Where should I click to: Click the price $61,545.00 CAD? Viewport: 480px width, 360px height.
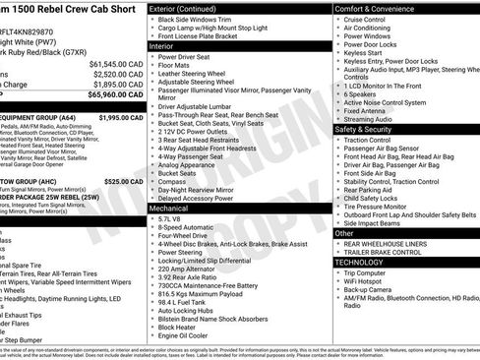(x=116, y=62)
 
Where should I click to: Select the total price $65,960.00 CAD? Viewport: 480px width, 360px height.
(x=116, y=95)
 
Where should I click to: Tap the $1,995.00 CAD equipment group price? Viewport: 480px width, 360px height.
(x=121, y=117)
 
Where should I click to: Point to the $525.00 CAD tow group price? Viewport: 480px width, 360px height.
(x=124, y=181)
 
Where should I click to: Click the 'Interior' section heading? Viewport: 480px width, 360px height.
(x=161, y=46)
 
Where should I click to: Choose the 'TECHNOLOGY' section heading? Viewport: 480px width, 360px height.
(x=358, y=263)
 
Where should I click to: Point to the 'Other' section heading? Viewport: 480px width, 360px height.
(x=344, y=233)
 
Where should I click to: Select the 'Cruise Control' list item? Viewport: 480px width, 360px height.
(x=365, y=20)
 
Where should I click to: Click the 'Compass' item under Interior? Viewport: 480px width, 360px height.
(x=172, y=180)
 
